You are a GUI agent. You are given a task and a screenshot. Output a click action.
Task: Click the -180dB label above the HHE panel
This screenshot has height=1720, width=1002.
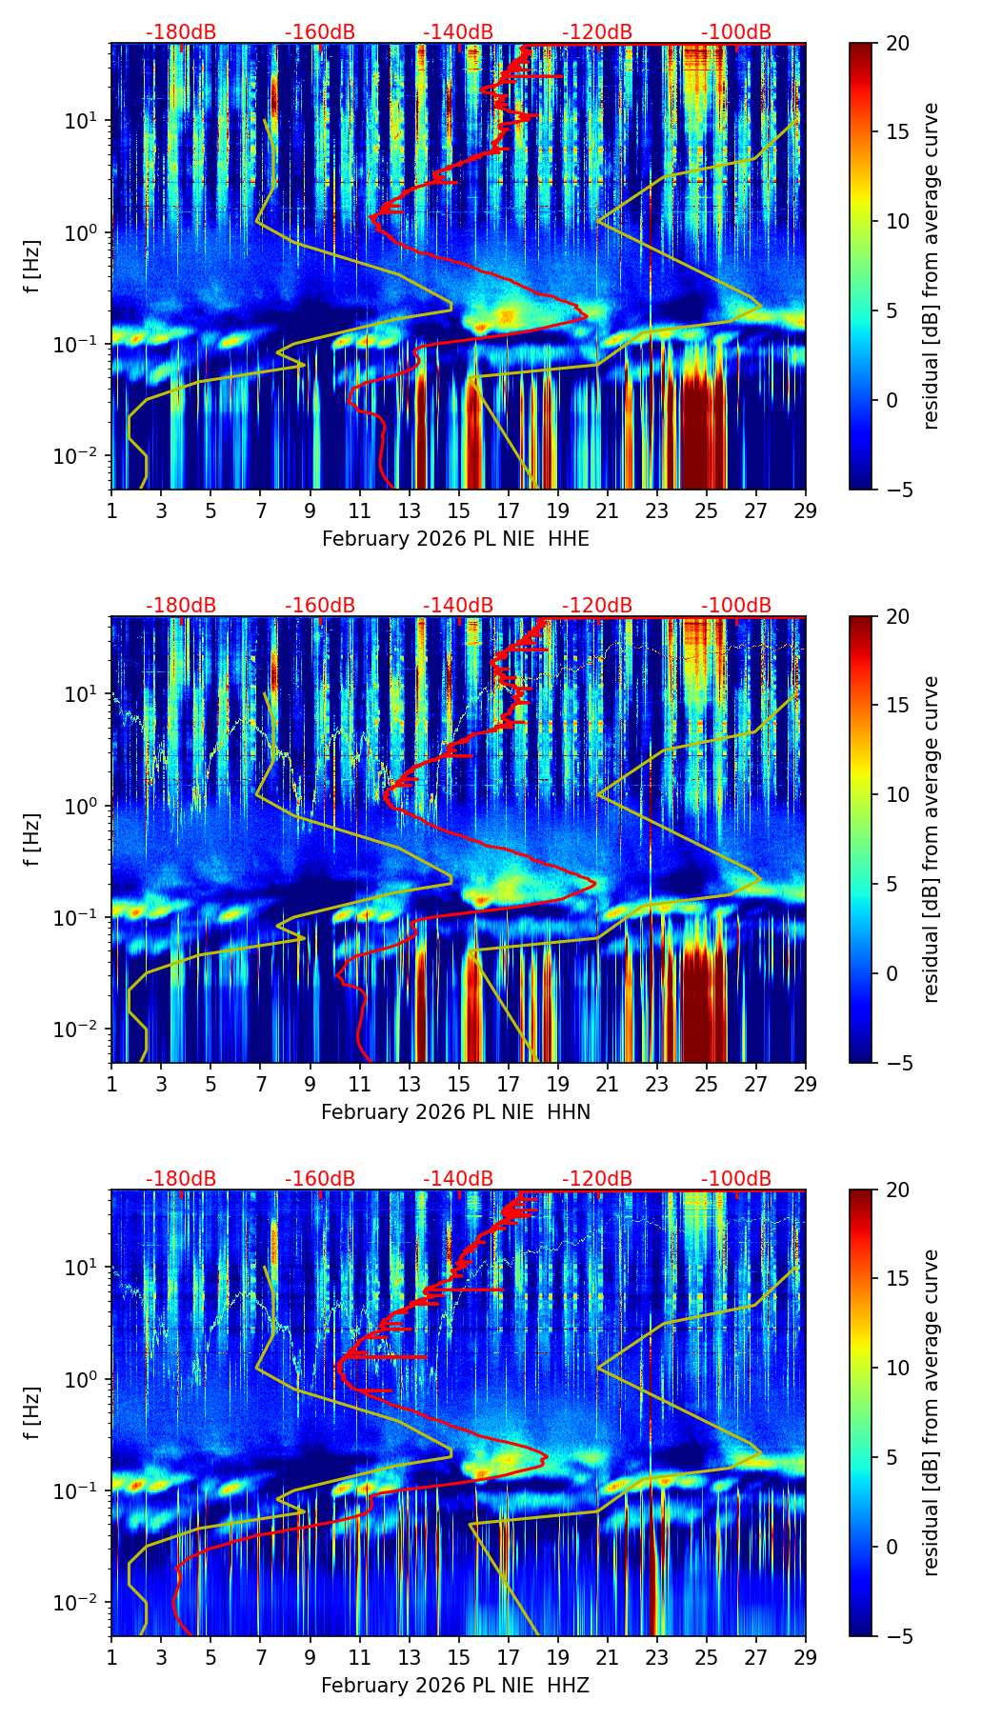click(x=181, y=32)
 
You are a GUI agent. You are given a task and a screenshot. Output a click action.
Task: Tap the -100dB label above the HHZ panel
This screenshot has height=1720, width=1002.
click(x=736, y=1179)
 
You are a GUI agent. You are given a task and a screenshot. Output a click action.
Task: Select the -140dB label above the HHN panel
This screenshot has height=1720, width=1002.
click(x=458, y=606)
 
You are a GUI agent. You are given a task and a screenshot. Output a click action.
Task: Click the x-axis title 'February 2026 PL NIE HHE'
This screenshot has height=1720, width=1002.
click(x=455, y=539)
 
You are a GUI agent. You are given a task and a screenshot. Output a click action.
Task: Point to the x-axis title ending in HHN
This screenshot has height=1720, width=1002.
click(x=455, y=1112)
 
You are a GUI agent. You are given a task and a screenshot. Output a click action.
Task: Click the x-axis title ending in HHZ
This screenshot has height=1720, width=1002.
click(x=455, y=1686)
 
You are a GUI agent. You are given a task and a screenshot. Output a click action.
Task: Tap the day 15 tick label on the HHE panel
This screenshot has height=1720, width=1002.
click(x=458, y=510)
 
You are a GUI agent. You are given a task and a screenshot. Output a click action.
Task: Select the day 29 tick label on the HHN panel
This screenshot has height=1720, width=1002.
click(x=805, y=1084)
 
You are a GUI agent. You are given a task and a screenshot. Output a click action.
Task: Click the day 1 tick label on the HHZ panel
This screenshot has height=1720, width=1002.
click(x=111, y=1657)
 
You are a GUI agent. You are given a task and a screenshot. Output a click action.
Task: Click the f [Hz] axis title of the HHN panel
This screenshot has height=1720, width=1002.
click(x=33, y=839)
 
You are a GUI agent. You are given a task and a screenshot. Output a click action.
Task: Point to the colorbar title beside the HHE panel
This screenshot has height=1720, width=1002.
click(x=931, y=266)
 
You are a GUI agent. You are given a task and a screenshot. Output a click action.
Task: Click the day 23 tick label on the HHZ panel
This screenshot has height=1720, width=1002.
click(x=656, y=1657)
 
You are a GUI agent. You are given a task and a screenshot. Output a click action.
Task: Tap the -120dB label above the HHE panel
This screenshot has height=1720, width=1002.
click(x=597, y=32)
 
